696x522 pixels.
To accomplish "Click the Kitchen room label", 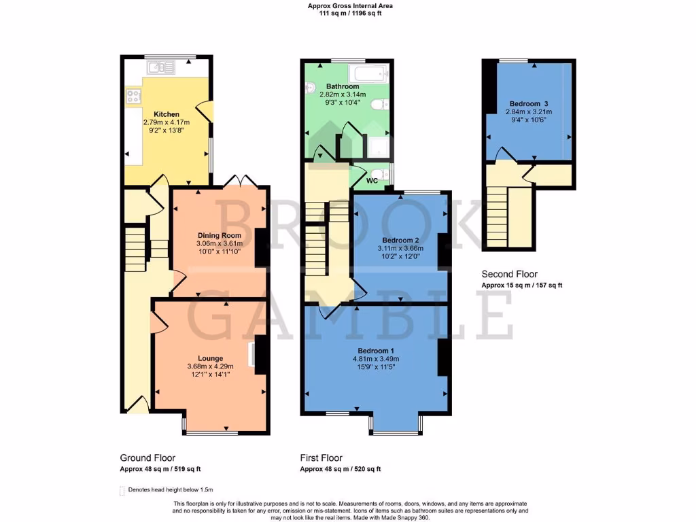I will (167, 114).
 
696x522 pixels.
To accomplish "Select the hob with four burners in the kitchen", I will (132, 97).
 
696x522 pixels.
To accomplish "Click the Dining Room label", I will (220, 235).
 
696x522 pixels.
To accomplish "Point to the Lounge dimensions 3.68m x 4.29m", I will (209, 367).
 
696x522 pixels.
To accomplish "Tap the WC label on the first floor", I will (372, 181).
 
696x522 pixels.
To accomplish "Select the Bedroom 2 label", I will (400, 241).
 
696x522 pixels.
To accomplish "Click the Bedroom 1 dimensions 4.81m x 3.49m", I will (375, 359).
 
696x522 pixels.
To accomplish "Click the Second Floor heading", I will (509, 275).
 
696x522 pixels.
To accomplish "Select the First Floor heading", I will (321, 458).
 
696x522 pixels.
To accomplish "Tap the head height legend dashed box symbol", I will (122, 490).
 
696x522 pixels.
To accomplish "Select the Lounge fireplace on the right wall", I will (258, 357).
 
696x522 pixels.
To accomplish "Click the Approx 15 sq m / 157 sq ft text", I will (521, 285).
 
